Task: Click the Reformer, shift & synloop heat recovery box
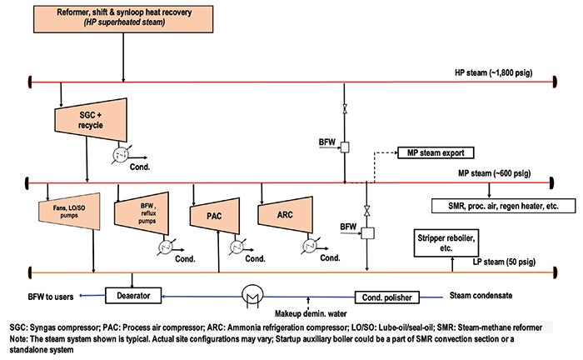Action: tap(123, 19)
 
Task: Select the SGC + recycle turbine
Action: tap(91, 120)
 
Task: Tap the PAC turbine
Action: tap(215, 216)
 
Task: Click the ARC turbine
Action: tap(285, 215)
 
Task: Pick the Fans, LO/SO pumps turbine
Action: tap(69, 211)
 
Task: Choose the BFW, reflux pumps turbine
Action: tap(142, 213)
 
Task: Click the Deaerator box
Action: tap(133, 296)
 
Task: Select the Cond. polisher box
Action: tap(386, 297)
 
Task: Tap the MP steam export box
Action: tap(436, 152)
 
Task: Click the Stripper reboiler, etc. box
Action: tap(446, 243)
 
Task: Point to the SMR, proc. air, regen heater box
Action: tap(503, 206)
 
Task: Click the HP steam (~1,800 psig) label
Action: tap(493, 72)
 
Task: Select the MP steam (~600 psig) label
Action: tap(494, 173)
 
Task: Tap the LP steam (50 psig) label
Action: tap(504, 262)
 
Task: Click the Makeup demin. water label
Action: tap(311, 313)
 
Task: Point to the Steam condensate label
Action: tap(481, 296)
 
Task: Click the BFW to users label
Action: tap(51, 297)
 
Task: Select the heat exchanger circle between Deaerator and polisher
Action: tap(252, 296)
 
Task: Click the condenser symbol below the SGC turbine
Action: tap(120, 156)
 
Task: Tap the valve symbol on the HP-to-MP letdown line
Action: tap(345, 109)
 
